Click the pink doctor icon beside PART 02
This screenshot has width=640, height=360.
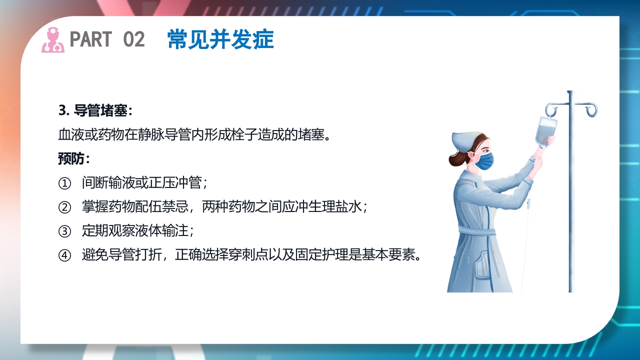tap(52, 40)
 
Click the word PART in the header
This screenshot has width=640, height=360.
tap(91, 39)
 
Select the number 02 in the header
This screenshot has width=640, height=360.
tap(133, 39)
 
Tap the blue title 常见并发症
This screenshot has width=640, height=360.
tap(220, 39)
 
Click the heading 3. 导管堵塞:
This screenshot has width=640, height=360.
tap(95, 110)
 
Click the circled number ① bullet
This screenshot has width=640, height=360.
tap(65, 183)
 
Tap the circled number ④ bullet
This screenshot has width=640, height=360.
tap(65, 255)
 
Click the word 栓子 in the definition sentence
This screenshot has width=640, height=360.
tap(237, 135)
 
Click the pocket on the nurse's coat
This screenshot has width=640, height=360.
tap(482, 265)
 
